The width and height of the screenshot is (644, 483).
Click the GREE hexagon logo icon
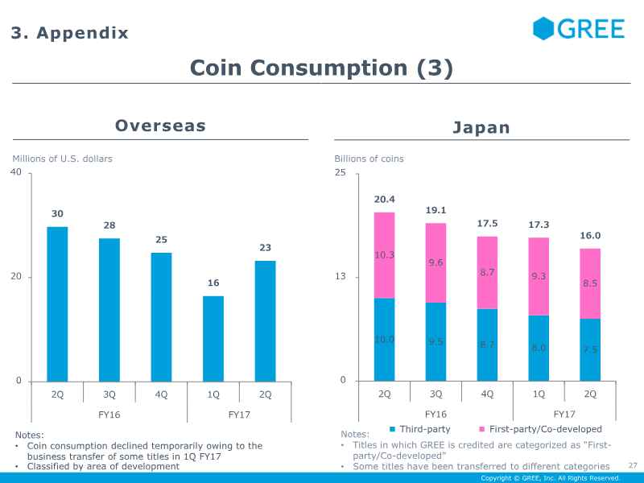click(x=543, y=28)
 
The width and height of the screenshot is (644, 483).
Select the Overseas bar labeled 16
click(x=213, y=339)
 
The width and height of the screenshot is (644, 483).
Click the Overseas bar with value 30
click(x=57, y=304)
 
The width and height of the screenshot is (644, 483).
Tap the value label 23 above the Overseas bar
click(x=266, y=248)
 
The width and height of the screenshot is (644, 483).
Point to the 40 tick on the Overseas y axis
click(x=16, y=172)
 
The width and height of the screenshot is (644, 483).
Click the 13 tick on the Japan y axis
click(x=341, y=276)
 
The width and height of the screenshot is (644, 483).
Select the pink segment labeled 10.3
click(x=385, y=255)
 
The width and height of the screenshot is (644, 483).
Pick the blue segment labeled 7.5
click(x=590, y=350)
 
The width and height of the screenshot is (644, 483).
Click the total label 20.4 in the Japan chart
click(x=385, y=200)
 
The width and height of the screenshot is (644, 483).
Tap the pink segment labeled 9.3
click(x=539, y=276)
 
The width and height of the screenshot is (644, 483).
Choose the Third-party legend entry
click(x=419, y=429)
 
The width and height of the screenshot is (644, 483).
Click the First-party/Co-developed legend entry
click(x=540, y=429)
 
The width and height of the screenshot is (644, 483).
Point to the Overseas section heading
click(x=160, y=126)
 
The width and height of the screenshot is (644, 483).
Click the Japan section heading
click(x=481, y=128)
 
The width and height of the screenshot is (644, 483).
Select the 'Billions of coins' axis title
click(x=369, y=159)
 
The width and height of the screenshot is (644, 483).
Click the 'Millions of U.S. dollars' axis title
click(x=63, y=159)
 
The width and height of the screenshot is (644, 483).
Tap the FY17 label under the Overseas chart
click(x=239, y=415)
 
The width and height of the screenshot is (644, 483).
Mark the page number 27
click(x=633, y=465)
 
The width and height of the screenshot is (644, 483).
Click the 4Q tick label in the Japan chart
click(x=487, y=394)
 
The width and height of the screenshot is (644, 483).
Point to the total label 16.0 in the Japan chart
click(x=590, y=236)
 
